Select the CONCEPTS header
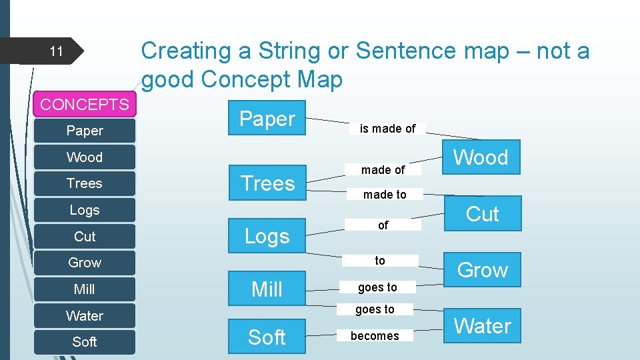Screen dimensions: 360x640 [x=85, y=105]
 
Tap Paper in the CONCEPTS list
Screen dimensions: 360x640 [x=85, y=131]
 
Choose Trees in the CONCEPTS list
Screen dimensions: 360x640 [x=85, y=183]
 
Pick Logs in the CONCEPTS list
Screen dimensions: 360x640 [x=85, y=210]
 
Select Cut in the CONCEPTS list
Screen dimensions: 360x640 [x=85, y=237]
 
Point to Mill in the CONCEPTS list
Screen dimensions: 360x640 [x=85, y=289]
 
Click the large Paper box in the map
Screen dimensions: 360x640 [x=267, y=119]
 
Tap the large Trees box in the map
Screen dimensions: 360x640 [x=267, y=183]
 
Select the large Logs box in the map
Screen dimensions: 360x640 [x=267, y=236]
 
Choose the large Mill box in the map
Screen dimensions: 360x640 [x=267, y=289]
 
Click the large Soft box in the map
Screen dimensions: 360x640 [x=267, y=337]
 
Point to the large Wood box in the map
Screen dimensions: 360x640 [x=481, y=157]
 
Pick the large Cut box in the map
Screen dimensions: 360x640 [x=482, y=214]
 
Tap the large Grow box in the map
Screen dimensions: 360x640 [x=482, y=270]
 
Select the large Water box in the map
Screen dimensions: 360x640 [x=482, y=326]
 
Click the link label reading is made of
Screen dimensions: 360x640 [x=387, y=129]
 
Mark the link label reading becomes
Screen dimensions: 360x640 [x=375, y=336]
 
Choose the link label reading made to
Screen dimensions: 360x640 [x=384, y=195]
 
